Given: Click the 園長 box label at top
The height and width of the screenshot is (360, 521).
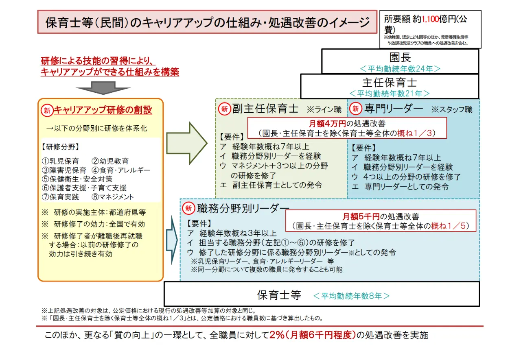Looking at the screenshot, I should click(x=400, y=57).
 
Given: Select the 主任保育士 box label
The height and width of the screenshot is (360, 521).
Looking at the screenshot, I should click(x=389, y=82).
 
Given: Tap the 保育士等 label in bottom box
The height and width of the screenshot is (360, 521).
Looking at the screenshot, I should click(x=279, y=295).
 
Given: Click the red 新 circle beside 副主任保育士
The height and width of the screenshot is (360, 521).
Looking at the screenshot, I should click(x=224, y=109).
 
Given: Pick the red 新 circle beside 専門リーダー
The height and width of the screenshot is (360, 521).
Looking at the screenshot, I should click(x=356, y=109).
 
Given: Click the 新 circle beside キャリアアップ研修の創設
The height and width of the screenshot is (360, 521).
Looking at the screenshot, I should click(x=47, y=110).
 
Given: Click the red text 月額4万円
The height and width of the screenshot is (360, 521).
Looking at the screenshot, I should click(x=328, y=124).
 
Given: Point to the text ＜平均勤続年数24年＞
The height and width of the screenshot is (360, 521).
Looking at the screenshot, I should click(x=400, y=68).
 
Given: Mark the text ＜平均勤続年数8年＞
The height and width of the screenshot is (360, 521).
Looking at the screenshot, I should click(x=351, y=296).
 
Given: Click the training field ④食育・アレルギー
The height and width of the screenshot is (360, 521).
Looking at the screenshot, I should click(x=121, y=170).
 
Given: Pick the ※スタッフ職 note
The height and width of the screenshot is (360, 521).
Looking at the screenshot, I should click(x=452, y=109).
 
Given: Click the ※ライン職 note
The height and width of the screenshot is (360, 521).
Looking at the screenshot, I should click(x=324, y=109).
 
